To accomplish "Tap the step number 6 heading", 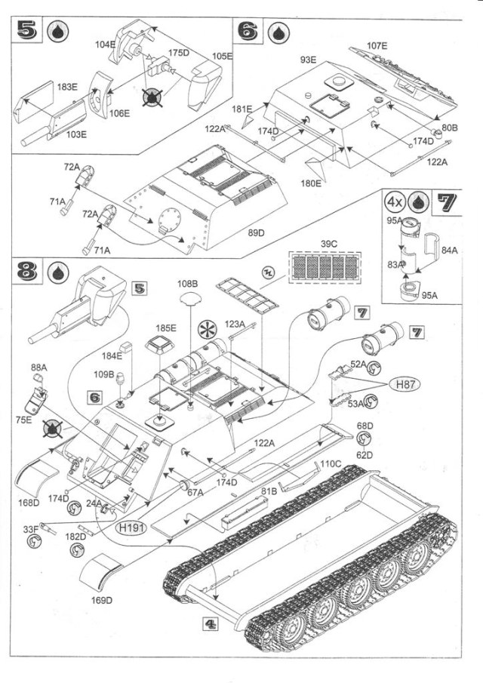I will pos(249,32).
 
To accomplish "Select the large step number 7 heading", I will pos(446,202).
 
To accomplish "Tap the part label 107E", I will pos(377,47).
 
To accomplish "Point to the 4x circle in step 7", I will pos(394,202).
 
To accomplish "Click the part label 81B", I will pos(270,491).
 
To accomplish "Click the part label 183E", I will pos(68,88).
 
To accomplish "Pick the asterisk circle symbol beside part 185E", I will pos(205,330).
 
